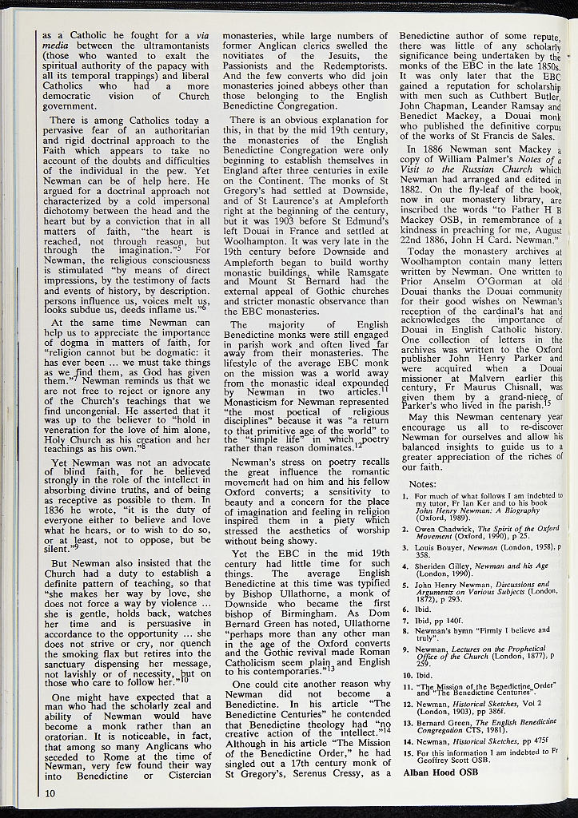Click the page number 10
coord(50,793)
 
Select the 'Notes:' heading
coord(422,484)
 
